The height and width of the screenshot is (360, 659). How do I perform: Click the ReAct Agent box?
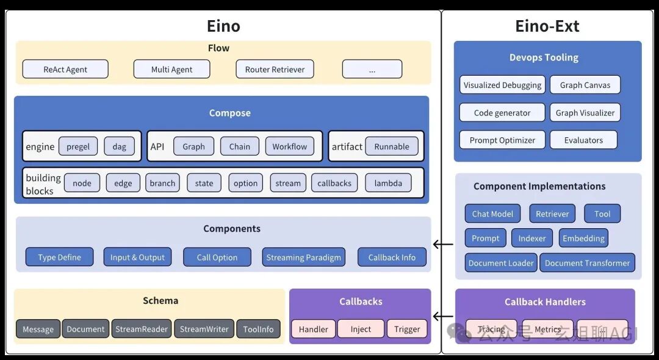(65, 69)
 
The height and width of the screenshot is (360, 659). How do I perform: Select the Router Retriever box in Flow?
(275, 69)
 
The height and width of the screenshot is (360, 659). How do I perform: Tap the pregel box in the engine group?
(78, 146)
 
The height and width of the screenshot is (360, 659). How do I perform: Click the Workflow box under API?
(290, 146)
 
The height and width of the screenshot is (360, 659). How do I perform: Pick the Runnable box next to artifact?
(392, 146)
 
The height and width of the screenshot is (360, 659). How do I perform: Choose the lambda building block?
(388, 183)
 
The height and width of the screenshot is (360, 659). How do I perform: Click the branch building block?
(162, 183)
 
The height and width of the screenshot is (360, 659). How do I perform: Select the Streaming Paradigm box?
(303, 257)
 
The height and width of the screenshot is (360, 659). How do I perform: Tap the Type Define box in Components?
(59, 257)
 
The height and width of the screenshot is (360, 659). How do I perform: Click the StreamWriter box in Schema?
(204, 329)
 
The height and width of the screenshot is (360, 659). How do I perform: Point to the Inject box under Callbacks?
(361, 329)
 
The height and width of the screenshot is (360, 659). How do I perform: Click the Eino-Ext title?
(547, 26)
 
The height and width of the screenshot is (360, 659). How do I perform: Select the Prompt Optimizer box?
(502, 140)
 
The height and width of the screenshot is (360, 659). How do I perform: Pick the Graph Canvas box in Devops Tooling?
(585, 85)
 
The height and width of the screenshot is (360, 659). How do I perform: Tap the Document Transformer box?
(587, 263)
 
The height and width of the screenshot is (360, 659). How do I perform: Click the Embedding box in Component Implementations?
(583, 238)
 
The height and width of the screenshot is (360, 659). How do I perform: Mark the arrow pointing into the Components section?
(443, 245)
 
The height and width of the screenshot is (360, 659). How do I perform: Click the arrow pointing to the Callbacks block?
(443, 317)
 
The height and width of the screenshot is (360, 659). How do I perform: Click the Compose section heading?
(229, 113)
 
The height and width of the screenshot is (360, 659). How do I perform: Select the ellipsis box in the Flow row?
(372, 69)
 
